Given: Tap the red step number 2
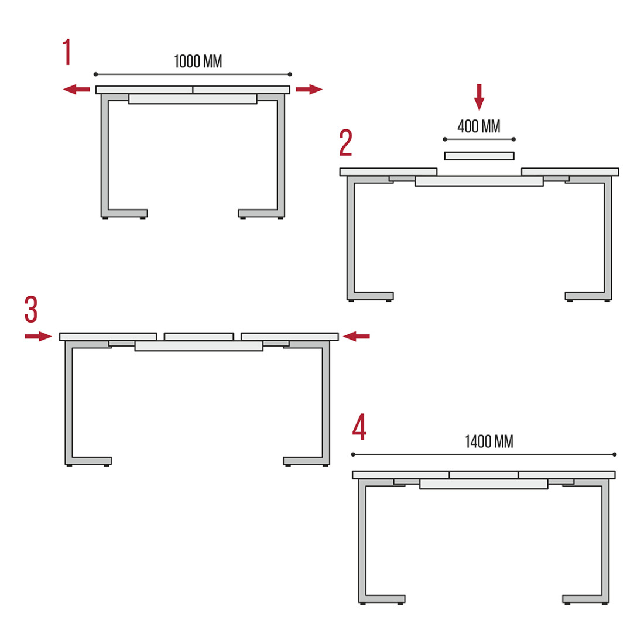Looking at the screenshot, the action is pos(346,142).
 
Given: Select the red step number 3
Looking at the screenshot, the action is pos(31,309).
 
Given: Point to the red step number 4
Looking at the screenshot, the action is pos(359,427).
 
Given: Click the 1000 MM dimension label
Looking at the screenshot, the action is pos(198,61).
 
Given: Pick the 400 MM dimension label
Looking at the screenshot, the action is pos(479,126).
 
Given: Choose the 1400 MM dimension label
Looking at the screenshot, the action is pos(489,442).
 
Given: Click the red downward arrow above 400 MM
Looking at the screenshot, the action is pos(479,97).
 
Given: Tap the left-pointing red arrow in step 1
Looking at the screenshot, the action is pos(76,89).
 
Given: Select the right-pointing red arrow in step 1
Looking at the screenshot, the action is pos(309,89).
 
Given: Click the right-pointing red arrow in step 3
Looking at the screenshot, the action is pos(38,337).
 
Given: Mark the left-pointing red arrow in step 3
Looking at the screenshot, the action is pos(356,337).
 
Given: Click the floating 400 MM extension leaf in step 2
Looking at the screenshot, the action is pos(479,156).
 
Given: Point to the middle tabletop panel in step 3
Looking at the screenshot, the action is pos(199,337).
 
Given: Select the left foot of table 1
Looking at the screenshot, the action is pos(125,214).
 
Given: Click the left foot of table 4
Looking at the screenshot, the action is pos(382,600).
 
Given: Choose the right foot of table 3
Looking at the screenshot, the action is pos(306,461).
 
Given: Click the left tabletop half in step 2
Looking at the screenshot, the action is pos(388,172).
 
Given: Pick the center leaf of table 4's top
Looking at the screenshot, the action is pos(484,475).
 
